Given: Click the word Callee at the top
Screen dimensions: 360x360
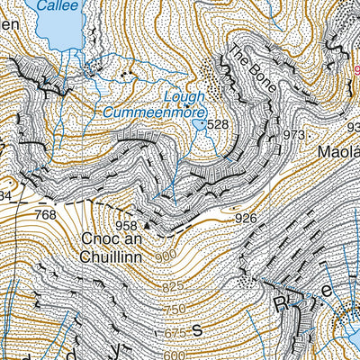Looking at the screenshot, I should pos(58,4).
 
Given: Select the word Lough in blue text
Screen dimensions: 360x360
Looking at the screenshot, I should pos(185,95).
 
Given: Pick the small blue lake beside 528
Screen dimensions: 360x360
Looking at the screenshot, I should pos(199,125).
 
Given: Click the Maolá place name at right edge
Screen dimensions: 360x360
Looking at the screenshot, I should pos(338,152).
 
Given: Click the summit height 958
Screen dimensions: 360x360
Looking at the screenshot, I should pos(128,223).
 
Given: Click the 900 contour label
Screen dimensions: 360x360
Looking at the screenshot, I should pos(166,257).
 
